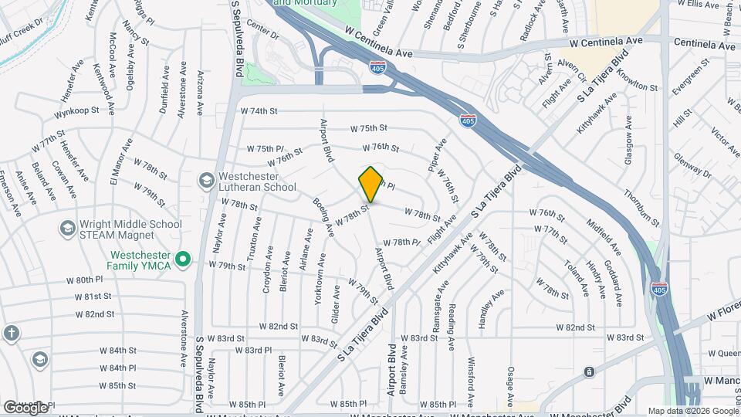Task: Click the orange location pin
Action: [371, 184]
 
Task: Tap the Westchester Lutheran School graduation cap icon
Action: [206, 181]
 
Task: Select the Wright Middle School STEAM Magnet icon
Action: [67, 229]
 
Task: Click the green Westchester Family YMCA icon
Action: [183, 260]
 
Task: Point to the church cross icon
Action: [11, 333]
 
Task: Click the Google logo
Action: [25, 407]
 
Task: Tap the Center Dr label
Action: [263, 32]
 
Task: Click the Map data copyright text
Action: [692, 412]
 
